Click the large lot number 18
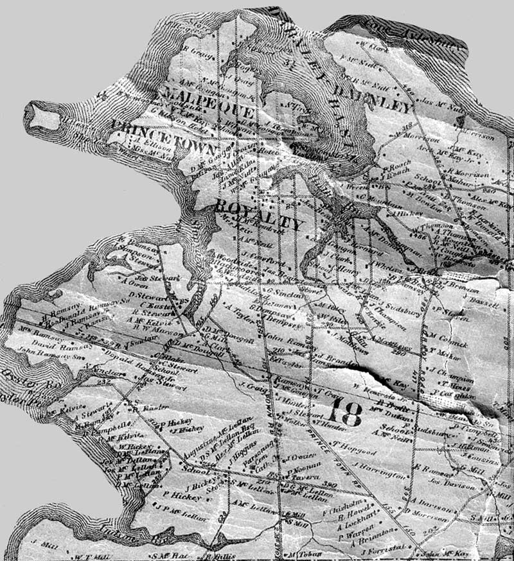pyautogui.click(x=339, y=413)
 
